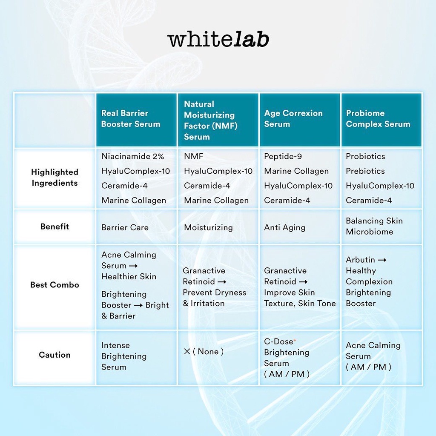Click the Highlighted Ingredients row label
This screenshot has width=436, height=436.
click(x=54, y=178)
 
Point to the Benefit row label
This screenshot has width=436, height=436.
click(x=54, y=227)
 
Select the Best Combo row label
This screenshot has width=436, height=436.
click(x=54, y=285)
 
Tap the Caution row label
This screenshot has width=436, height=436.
click(x=54, y=355)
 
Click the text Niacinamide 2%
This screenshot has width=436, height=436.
click(x=133, y=156)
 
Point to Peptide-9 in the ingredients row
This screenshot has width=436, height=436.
click(x=283, y=156)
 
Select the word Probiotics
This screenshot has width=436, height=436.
click(x=365, y=156)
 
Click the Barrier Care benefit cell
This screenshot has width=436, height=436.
click(x=125, y=227)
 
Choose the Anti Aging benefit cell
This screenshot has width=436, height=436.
click(x=284, y=227)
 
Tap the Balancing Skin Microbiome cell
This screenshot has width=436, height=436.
click(x=374, y=226)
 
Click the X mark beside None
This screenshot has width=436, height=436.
click(x=187, y=352)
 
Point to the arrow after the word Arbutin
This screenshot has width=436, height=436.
click(x=382, y=260)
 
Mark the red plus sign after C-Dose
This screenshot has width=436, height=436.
click(x=295, y=340)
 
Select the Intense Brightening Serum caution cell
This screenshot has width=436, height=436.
click(x=124, y=356)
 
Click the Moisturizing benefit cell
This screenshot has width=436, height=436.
click(x=208, y=227)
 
